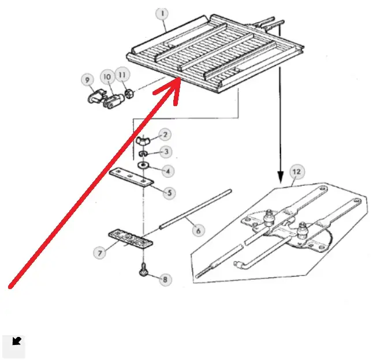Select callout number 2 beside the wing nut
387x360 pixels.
pyautogui.click(x=165, y=135)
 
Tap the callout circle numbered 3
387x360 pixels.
pyautogui.click(x=166, y=152)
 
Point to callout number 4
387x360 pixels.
pyautogui.click(x=168, y=171)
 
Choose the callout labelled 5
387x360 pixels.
pyautogui.click(x=169, y=193)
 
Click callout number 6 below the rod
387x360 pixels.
pyautogui.click(x=198, y=231)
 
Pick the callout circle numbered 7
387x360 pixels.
pyautogui.click(x=101, y=252)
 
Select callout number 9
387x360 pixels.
pyautogui.click(x=88, y=79)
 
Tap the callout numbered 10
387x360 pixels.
pyautogui.click(x=107, y=76)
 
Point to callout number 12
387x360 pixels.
pyautogui.click(x=296, y=172)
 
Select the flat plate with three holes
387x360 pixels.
pyautogui.click(x=131, y=177)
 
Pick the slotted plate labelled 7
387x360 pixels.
pyautogui.click(x=131, y=238)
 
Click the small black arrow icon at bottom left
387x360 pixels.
pyautogui.click(x=16, y=342)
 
